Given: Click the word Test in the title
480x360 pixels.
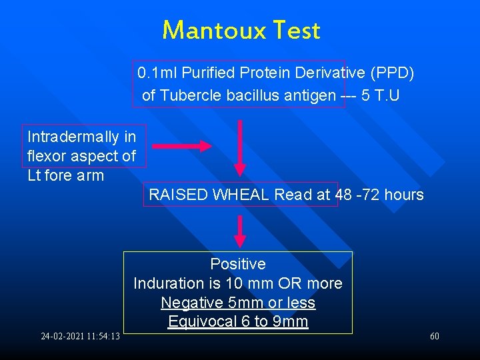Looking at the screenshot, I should (x=294, y=31).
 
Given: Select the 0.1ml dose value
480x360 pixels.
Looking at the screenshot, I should (x=157, y=72).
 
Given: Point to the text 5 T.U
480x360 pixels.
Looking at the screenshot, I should (x=381, y=95).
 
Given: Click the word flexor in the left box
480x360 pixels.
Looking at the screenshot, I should (x=46, y=156).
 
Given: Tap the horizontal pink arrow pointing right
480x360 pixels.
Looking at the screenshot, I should (x=181, y=146).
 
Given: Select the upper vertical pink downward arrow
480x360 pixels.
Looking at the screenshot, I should (x=240, y=147).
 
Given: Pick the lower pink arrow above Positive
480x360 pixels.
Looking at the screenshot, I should (x=240, y=231).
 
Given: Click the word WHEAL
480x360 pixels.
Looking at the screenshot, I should (x=241, y=195).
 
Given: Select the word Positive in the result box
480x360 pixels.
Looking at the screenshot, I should (x=238, y=264).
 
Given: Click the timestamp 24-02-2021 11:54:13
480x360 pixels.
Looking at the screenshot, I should (x=80, y=337).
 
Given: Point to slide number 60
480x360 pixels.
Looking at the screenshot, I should (x=435, y=337).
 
